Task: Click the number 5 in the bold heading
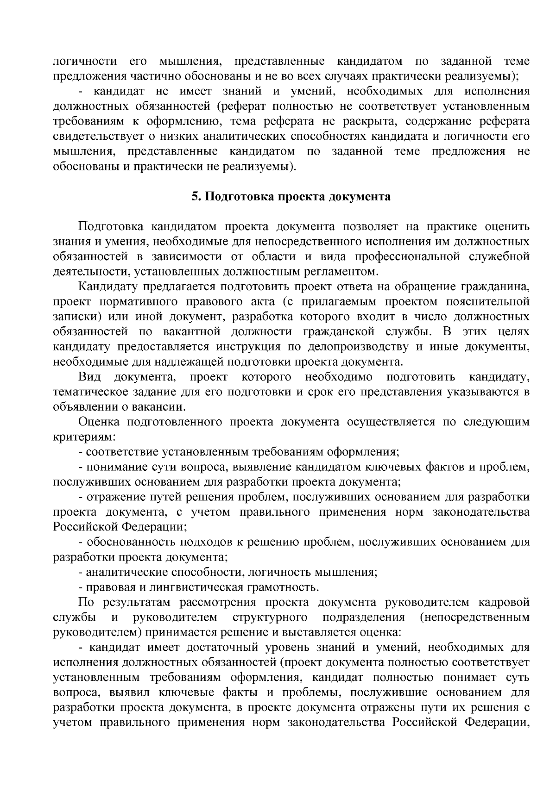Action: (x=195, y=197)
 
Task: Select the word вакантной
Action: (x=190, y=332)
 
